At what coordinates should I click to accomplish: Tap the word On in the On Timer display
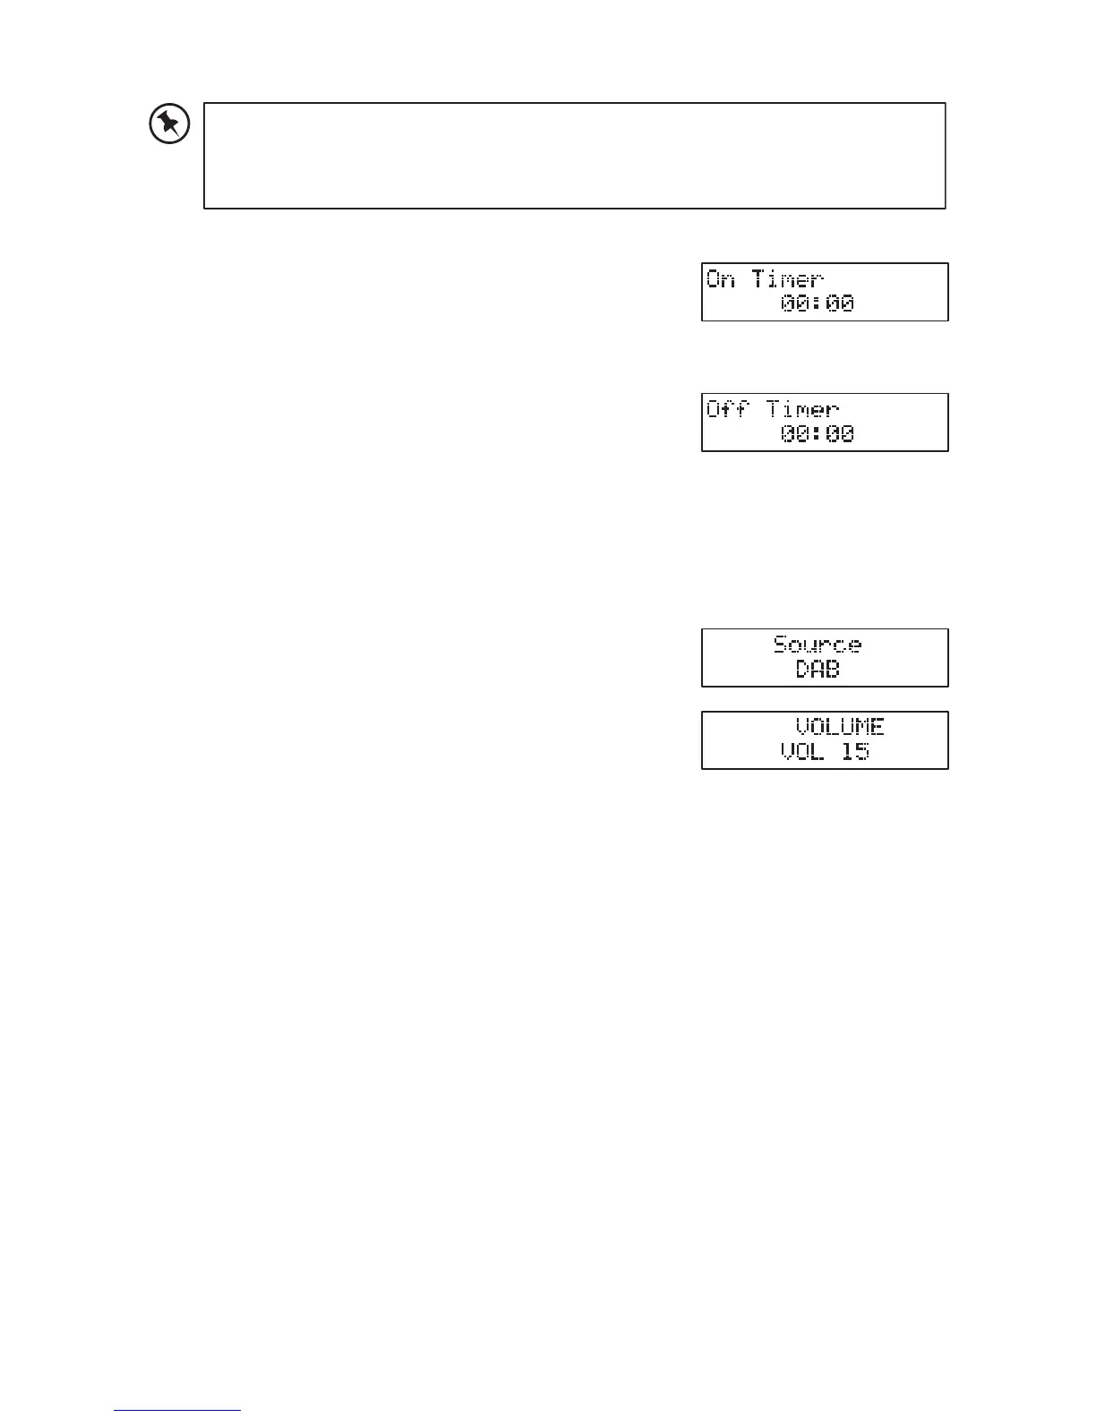click(x=721, y=279)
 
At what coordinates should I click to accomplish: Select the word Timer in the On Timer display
click(x=788, y=279)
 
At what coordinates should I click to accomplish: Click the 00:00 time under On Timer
click(x=817, y=303)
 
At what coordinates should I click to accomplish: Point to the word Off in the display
click(x=728, y=410)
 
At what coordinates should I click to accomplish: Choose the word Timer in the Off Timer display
click(x=803, y=410)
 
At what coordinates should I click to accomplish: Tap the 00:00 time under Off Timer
click(x=817, y=434)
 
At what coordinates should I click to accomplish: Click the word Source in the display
click(x=817, y=645)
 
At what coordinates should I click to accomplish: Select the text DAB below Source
click(x=818, y=669)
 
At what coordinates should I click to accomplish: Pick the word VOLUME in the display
click(x=840, y=727)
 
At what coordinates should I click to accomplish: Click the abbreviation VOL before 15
click(x=802, y=751)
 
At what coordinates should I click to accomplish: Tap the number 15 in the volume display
click(x=855, y=751)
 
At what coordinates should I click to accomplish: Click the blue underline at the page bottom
click(x=177, y=1411)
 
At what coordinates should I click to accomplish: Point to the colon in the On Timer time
click(x=818, y=303)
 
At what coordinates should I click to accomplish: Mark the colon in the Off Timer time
click(x=818, y=434)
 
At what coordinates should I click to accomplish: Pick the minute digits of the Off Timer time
click(x=840, y=434)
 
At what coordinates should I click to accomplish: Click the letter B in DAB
click(x=833, y=669)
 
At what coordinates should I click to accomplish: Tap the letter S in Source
click(x=781, y=645)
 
